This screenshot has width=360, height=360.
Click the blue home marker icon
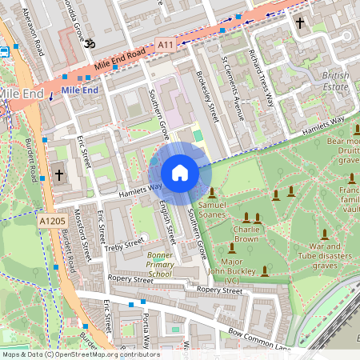180,173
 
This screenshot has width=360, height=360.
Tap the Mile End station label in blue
80,90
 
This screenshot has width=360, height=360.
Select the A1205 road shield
49,218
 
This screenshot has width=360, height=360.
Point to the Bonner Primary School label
160,264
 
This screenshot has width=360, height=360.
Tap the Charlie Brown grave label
247,233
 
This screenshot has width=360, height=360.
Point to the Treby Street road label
122,242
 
